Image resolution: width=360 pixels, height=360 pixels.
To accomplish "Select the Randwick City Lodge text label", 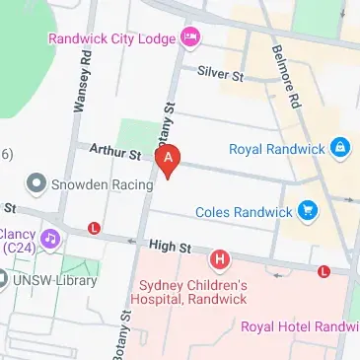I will [x=113, y=38].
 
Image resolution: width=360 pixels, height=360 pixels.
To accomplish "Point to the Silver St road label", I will [x=219, y=74].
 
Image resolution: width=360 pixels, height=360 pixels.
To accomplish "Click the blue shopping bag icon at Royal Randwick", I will [x=340, y=149].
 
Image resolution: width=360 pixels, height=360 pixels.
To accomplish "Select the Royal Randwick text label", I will [x=276, y=150].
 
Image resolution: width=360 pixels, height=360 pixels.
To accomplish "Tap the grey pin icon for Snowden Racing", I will [x=36, y=183].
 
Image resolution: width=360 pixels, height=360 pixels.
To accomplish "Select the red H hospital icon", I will [x=220, y=260].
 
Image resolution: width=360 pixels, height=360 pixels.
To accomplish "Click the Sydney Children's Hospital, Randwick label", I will [x=192, y=292].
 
